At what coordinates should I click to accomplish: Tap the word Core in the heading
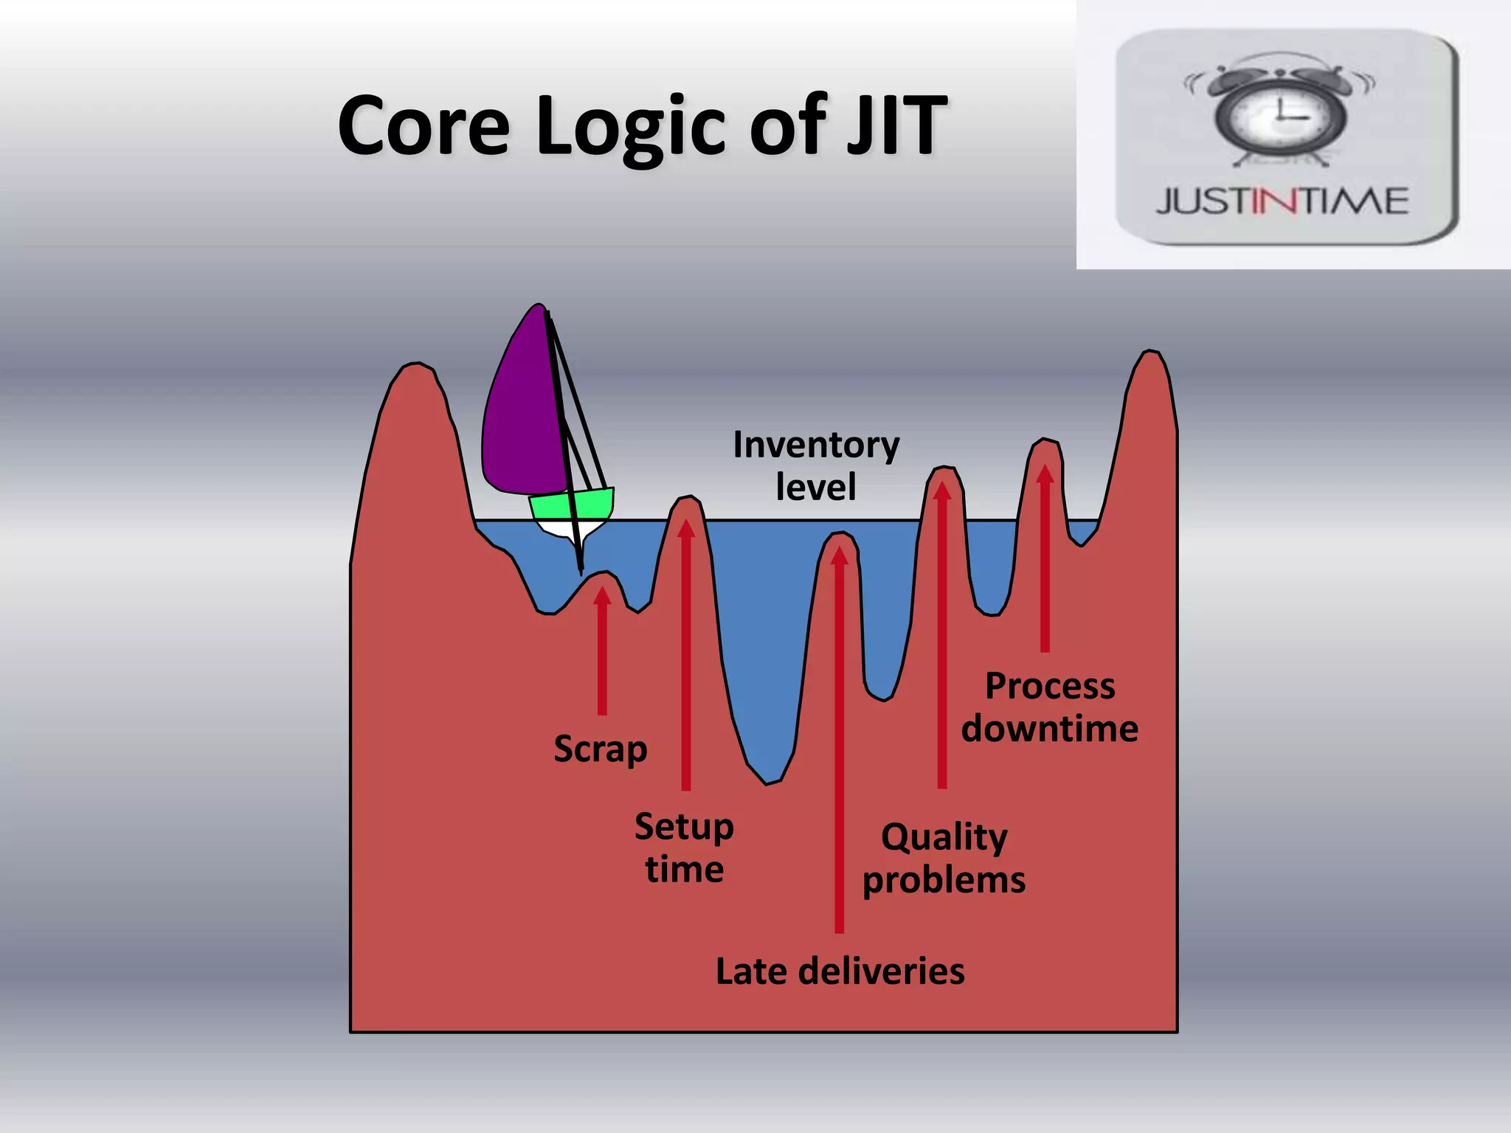click(423, 125)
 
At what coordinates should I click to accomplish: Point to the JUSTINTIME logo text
click(1282, 201)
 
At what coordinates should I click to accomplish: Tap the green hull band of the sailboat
click(572, 505)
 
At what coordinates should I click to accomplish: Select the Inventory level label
click(816, 465)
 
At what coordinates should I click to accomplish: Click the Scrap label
click(601, 749)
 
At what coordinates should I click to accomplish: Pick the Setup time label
click(684, 848)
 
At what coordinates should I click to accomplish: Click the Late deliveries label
click(840, 971)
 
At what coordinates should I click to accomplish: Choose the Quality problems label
click(944, 858)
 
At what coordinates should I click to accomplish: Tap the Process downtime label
click(1049, 707)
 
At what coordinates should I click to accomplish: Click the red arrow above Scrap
click(602, 649)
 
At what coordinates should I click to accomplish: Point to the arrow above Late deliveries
click(839, 738)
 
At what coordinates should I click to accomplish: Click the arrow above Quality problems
click(942, 634)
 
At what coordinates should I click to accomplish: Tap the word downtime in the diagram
click(1049, 729)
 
